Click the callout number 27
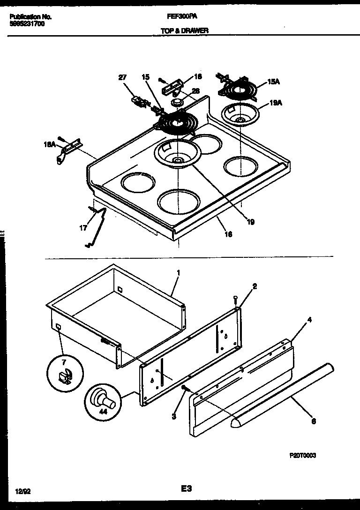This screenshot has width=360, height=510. coord(122,78)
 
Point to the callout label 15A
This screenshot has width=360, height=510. coord(274,82)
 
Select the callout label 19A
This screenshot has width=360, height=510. coord(276,103)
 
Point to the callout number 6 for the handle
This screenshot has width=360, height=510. coord(313,421)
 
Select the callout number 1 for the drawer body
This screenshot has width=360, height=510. coord(178,272)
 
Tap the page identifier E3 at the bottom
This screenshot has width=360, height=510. coord(186,488)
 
